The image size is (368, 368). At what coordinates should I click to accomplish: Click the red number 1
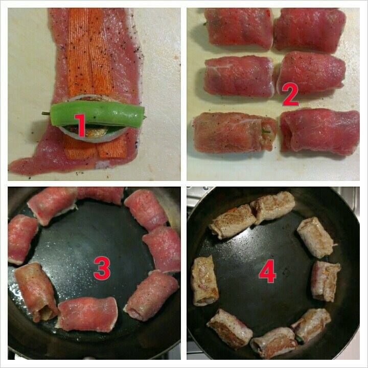pyautogui.click(x=81, y=125)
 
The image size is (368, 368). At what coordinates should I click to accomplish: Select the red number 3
pyautogui.click(x=102, y=268)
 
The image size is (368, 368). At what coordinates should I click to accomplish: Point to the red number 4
pyautogui.click(x=267, y=271)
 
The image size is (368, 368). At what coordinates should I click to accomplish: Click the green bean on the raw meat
pyautogui.click(x=98, y=114)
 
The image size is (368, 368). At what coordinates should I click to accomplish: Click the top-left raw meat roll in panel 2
pyautogui.click(x=239, y=28)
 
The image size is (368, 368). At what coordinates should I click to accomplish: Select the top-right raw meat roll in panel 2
pyautogui.click(x=310, y=30)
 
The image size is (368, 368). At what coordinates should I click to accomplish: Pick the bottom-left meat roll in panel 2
pyautogui.click(x=235, y=132)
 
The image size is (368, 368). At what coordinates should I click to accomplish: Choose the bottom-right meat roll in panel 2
pyautogui.click(x=319, y=132)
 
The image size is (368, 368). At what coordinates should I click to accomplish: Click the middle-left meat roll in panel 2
pyautogui.click(x=239, y=76)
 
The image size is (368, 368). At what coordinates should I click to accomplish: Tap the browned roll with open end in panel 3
pyautogui.click(x=36, y=291)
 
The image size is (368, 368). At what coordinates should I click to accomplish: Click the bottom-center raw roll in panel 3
pyautogui.click(x=87, y=314)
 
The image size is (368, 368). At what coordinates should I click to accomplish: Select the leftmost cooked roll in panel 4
pyautogui.click(x=204, y=281)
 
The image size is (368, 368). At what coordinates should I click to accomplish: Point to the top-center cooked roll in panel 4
pyautogui.click(x=273, y=206)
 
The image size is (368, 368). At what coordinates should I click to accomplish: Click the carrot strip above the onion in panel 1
pyautogui.click(x=90, y=53)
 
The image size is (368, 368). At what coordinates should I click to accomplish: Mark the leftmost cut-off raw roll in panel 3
pyautogui.click(x=21, y=239)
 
